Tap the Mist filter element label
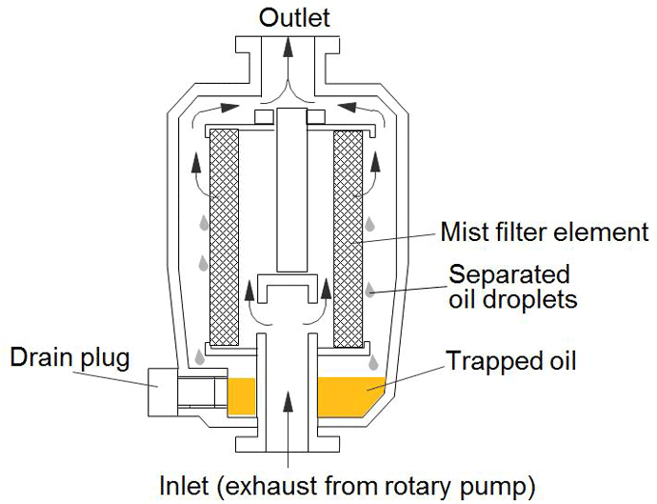coord(545,232)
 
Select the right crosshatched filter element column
coord(348,238)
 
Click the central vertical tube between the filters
coord(289,191)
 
